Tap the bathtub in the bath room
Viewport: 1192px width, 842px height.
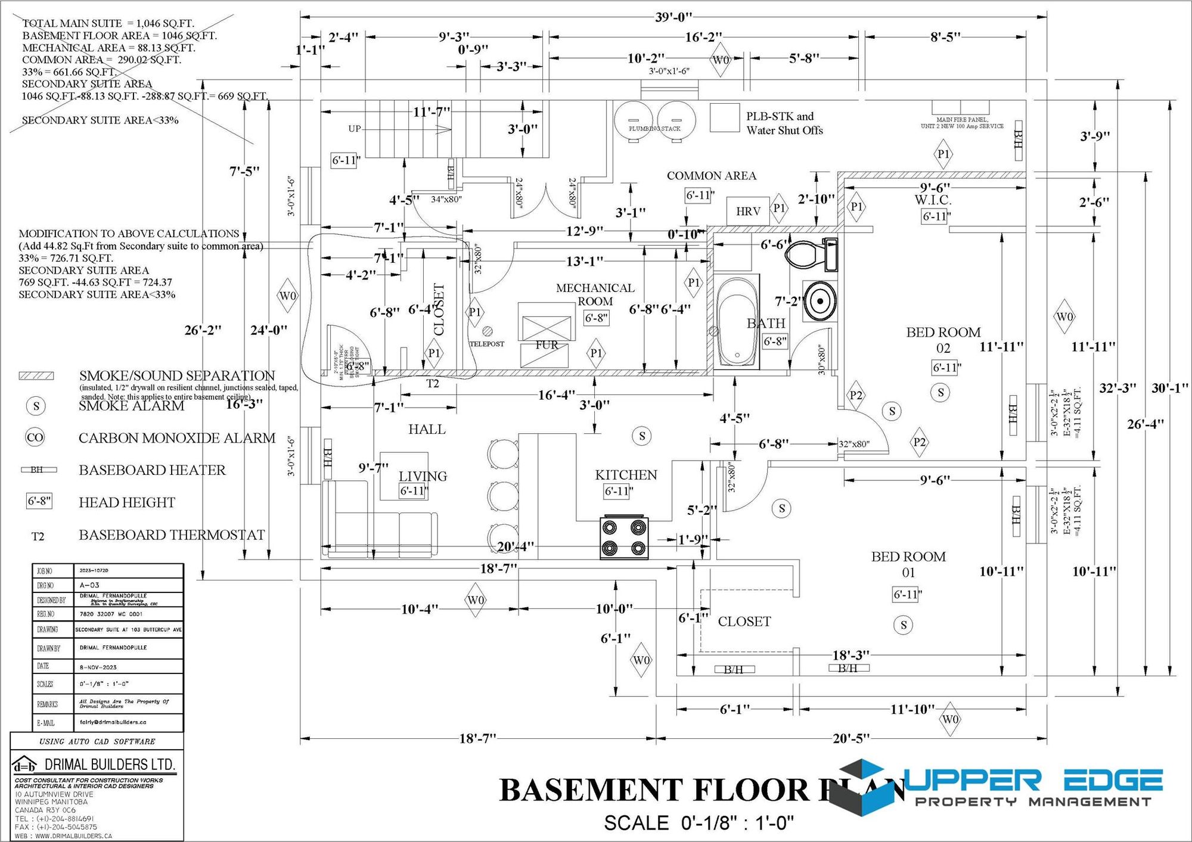[737, 322]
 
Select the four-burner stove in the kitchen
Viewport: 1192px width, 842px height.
[624, 537]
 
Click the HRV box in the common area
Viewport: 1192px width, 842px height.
[747, 212]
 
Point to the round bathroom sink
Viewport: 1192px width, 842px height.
[820, 302]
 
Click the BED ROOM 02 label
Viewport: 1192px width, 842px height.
[943, 340]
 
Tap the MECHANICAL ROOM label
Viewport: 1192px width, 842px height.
[595, 294]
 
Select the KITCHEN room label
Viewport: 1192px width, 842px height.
[626, 475]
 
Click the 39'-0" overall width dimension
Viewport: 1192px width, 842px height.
[673, 17]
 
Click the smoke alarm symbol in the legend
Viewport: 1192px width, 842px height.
[36, 406]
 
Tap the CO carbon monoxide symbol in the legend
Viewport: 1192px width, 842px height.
[35, 437]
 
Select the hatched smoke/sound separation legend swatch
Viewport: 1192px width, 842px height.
[36, 376]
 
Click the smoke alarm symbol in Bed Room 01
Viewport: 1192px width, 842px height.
[904, 624]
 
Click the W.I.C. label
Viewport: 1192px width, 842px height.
[933, 200]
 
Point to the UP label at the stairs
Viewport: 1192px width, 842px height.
[355, 129]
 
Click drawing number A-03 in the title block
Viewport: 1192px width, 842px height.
[89, 585]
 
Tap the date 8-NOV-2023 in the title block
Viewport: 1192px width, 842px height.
[98, 667]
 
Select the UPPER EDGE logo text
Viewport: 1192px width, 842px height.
[1034, 780]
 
